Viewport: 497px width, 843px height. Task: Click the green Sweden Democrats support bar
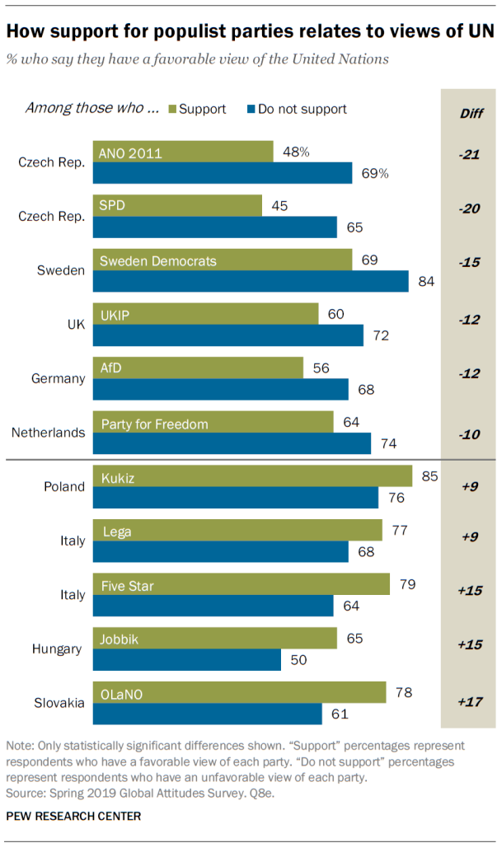point(223,260)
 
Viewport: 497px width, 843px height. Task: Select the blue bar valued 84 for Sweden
point(251,281)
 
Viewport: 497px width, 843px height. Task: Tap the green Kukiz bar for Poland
point(252,476)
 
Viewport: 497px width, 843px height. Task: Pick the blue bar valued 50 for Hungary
point(186,660)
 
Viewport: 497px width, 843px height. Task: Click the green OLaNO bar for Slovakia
point(239,692)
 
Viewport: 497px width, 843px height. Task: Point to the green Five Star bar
point(241,585)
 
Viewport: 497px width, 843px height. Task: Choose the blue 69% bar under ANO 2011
point(223,173)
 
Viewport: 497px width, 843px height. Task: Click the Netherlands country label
point(48,433)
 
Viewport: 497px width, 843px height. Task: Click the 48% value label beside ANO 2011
point(295,152)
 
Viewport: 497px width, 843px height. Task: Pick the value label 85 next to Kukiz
point(429,475)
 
